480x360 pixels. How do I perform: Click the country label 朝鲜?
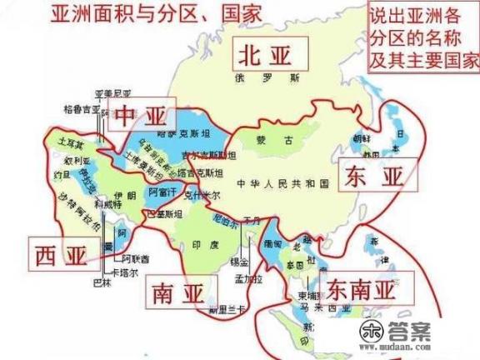click(360, 137)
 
